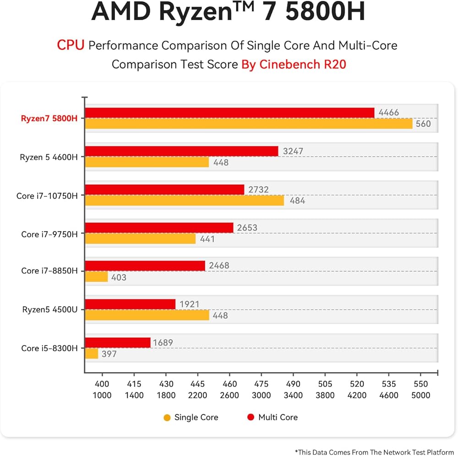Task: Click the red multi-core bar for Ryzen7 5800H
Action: (x=229, y=113)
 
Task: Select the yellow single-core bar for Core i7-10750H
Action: (x=184, y=200)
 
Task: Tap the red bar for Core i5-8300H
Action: (x=118, y=343)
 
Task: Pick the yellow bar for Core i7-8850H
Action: (x=96, y=277)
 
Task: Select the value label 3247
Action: (x=293, y=151)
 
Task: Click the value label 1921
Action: (x=190, y=304)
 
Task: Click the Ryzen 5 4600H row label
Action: (x=49, y=157)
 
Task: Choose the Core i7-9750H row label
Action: (x=49, y=234)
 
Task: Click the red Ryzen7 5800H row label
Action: (x=49, y=118)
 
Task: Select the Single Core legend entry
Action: (x=191, y=417)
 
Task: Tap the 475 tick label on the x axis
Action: (x=262, y=384)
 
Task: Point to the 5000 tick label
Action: (x=421, y=395)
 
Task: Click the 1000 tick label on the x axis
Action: (x=102, y=395)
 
